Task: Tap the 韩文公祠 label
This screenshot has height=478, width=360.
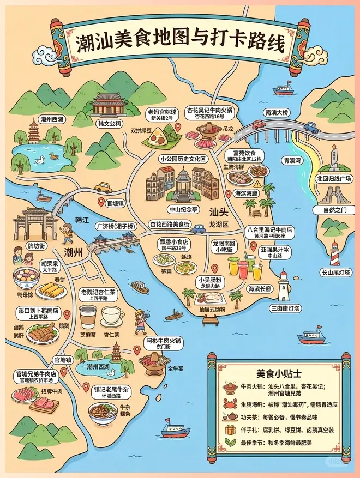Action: pyautogui.click(x=109, y=124)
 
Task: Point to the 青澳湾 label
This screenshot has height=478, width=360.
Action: pyautogui.click(x=293, y=161)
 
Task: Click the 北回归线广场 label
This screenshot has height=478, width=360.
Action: pyautogui.click(x=334, y=178)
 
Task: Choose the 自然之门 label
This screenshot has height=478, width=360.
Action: pyautogui.click(x=335, y=209)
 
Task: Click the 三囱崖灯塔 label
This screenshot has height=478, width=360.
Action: pyautogui.click(x=285, y=308)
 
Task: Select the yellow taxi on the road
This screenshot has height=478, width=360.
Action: pyautogui.click(x=103, y=187)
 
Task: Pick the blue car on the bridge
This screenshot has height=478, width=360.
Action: pyautogui.click(x=310, y=128)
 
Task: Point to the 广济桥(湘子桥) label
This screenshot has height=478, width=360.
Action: pyautogui.click(x=116, y=226)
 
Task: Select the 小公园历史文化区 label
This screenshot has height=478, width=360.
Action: pyautogui.click(x=183, y=159)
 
